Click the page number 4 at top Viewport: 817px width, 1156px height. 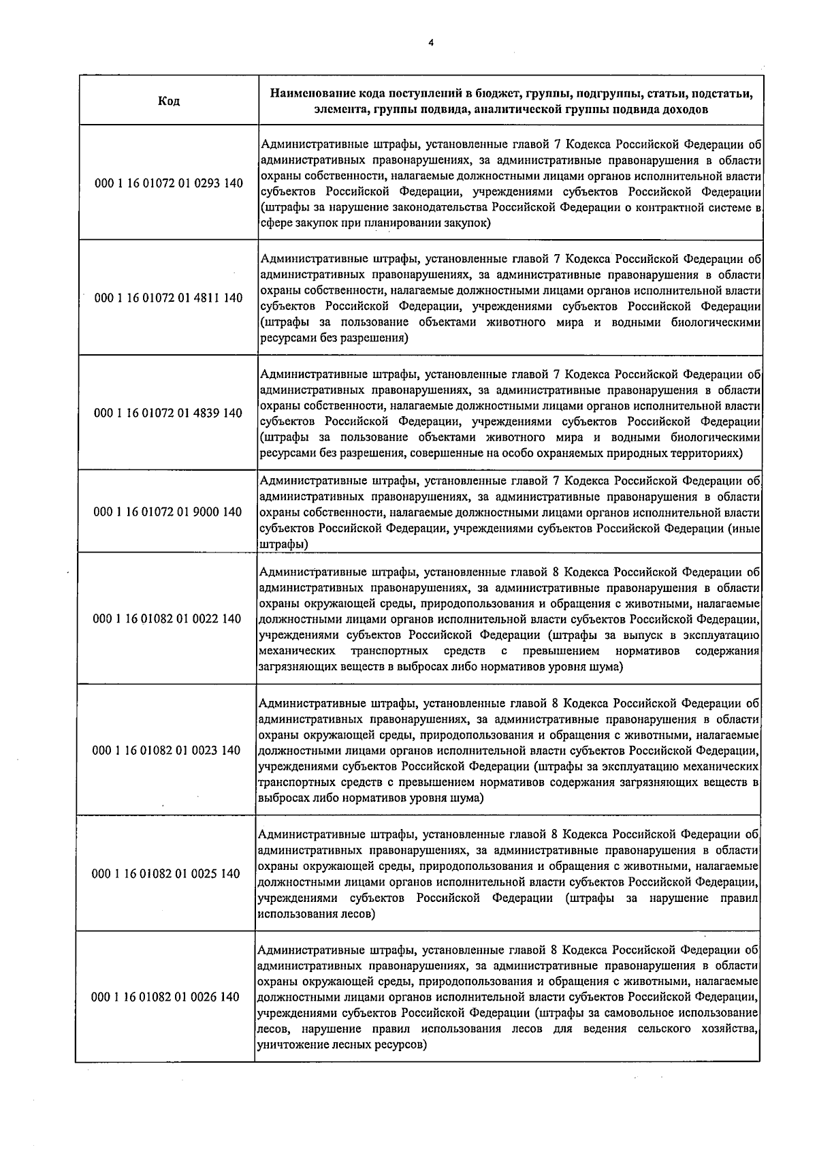pyautogui.click(x=430, y=42)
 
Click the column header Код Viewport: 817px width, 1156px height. pyautogui.click(x=169, y=101)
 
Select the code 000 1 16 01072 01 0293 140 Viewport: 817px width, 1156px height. pyautogui.click(x=168, y=183)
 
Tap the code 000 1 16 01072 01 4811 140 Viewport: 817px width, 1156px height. pyautogui.click(x=168, y=298)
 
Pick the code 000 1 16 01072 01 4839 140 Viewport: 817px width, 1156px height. pyautogui.click(x=168, y=413)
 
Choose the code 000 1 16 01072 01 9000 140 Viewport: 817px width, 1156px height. pyautogui.click(x=168, y=512)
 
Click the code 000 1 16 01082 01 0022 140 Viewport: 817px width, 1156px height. pyautogui.click(x=167, y=619)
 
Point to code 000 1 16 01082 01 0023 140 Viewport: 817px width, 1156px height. pyautogui.click(x=167, y=750)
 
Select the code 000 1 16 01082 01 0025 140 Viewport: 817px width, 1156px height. pyautogui.click(x=167, y=874)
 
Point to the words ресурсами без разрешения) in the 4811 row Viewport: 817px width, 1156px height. pyautogui.click(x=334, y=338)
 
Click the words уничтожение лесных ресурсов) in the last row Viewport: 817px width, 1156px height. pyautogui.click(x=342, y=1044)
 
